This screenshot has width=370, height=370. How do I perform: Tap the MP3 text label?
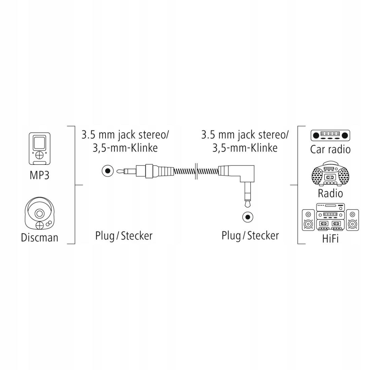click(39, 175)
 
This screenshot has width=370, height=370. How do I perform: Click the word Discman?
click(39, 237)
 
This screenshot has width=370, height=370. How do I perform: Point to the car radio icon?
click(330, 136)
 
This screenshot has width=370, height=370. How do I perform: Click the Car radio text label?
click(330, 149)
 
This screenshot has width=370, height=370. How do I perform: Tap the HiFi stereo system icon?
click(330, 218)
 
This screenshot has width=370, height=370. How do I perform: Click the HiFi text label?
click(330, 238)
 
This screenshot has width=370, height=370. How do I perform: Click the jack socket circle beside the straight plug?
click(107, 171)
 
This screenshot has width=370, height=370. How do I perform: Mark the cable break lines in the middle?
click(195, 171)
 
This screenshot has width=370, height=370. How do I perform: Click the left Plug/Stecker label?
click(124, 236)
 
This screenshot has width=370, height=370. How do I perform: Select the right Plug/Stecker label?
click(250, 236)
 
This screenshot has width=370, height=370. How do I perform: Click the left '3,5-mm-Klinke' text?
click(125, 148)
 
